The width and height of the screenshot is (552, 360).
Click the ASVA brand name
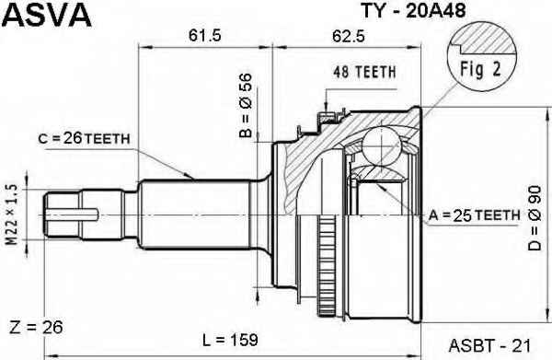click(x=49, y=15)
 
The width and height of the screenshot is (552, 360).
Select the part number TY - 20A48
click(x=413, y=11)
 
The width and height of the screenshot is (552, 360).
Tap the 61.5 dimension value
click(x=204, y=36)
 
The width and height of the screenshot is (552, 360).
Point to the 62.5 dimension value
click(x=348, y=36)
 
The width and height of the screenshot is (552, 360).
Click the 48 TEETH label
click(x=364, y=72)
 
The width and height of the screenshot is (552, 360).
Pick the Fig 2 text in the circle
click(x=480, y=69)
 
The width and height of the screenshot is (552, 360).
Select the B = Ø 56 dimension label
click(x=246, y=105)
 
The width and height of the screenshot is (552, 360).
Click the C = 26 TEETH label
click(x=84, y=139)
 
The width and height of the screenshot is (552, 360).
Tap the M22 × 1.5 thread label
click(x=13, y=215)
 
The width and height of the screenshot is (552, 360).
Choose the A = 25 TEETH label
click(x=474, y=215)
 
